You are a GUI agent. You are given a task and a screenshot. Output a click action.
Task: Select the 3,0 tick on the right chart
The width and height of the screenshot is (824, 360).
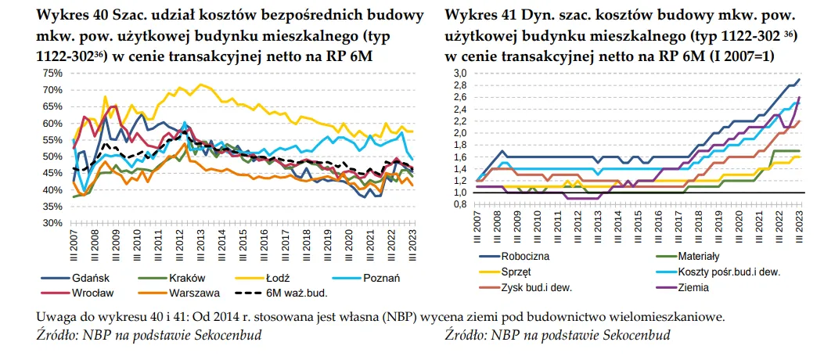point(459,73)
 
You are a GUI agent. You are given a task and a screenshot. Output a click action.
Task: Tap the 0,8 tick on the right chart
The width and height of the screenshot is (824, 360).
point(459,204)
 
